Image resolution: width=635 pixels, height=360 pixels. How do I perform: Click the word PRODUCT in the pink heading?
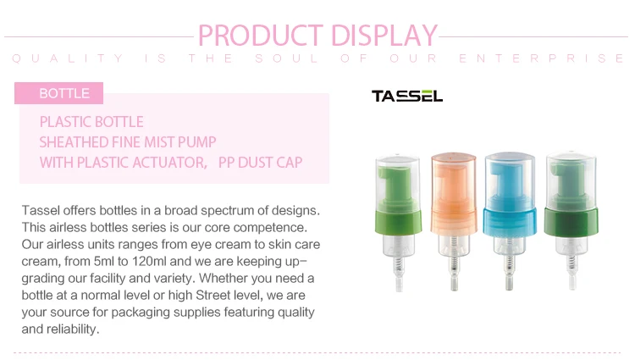pyautogui.click(x=261, y=36)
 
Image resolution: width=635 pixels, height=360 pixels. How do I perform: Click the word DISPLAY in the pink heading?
pyautogui.click(x=384, y=36)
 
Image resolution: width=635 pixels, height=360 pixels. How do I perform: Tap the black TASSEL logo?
pyautogui.click(x=407, y=96)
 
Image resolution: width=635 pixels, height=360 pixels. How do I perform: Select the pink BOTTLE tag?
pyautogui.click(x=58, y=93)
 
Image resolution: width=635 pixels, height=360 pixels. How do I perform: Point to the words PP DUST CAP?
pyautogui.click(x=261, y=163)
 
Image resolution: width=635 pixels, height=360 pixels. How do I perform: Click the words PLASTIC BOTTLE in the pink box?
pyautogui.click(x=91, y=122)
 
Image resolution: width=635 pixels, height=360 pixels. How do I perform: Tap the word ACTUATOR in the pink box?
pyautogui.click(x=170, y=163)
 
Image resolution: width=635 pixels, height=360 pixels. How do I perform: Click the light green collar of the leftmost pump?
pyautogui.click(x=399, y=222)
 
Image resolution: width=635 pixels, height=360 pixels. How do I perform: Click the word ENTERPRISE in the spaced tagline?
pyautogui.click(x=542, y=58)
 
